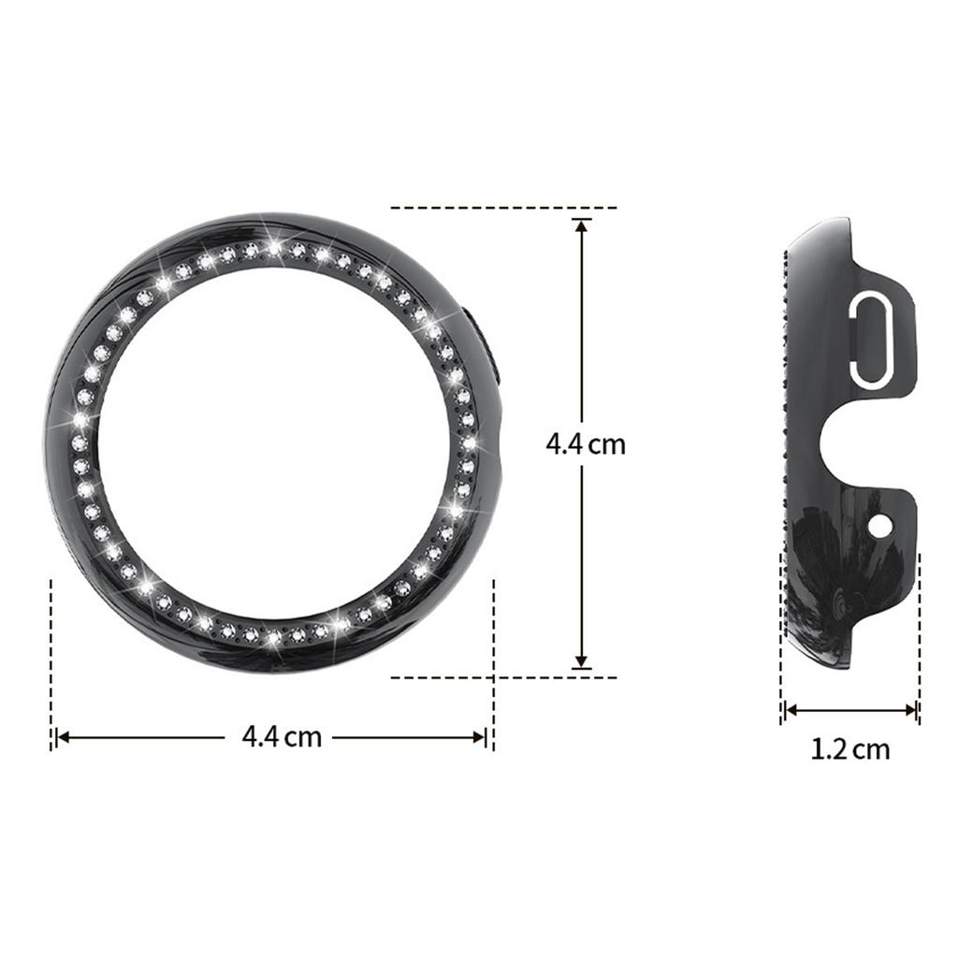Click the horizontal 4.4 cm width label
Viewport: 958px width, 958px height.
282,736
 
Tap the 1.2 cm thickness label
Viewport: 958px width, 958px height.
849,749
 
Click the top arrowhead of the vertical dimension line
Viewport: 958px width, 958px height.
582,225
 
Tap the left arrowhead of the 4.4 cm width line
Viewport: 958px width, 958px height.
63,737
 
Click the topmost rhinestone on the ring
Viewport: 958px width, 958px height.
273,248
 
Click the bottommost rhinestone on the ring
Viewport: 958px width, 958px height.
273,640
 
